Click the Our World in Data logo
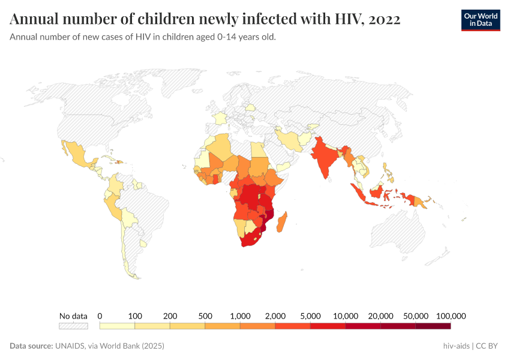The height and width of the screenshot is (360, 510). coord(481,20)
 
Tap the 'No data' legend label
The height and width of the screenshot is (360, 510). coord(73,316)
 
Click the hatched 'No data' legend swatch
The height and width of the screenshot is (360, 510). coord(73,326)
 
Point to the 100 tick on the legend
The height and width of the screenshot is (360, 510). coord(135,316)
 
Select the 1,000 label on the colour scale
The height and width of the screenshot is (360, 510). coord(240,316)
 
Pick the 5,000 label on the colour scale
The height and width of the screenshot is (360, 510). coord(310,316)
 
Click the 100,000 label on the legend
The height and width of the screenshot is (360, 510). coord(451,316)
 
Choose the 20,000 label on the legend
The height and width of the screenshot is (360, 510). coord(380,316)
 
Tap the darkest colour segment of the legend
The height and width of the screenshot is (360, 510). coord(433,326)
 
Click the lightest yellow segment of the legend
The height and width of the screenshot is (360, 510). coord(117,326)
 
